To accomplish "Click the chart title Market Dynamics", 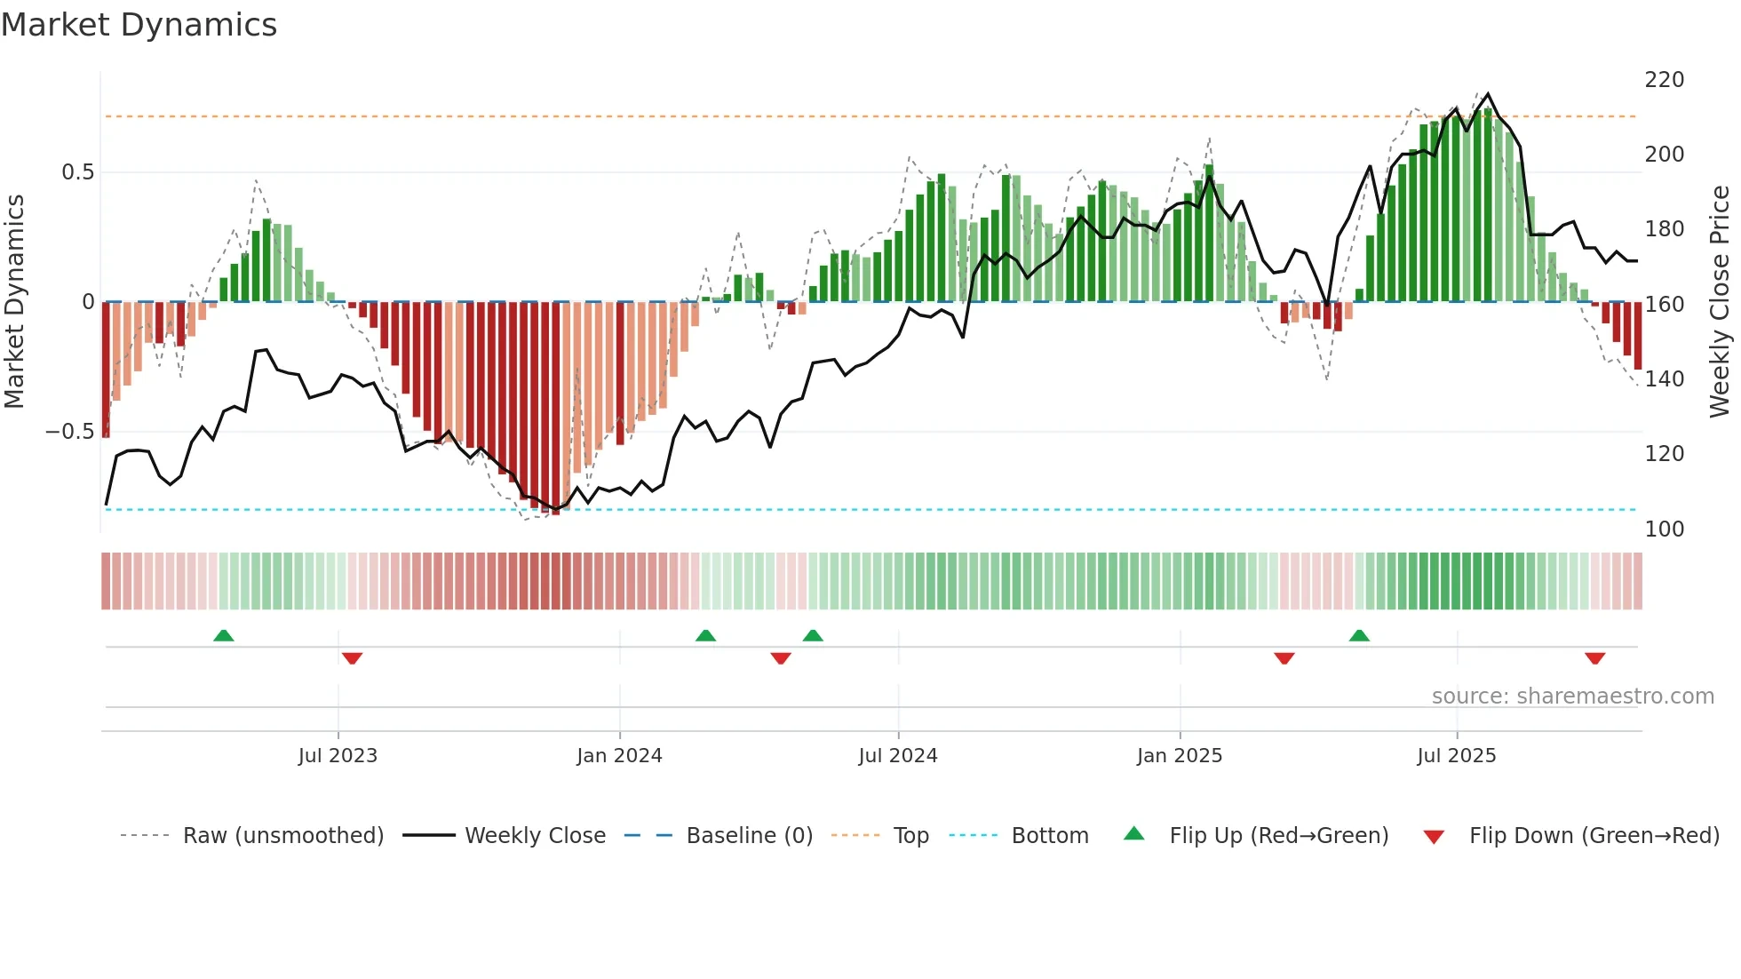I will (139, 25).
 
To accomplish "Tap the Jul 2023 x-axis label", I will (338, 756).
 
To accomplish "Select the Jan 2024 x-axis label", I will (619, 756).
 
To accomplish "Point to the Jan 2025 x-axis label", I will (1180, 756).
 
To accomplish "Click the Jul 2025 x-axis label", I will (1457, 756).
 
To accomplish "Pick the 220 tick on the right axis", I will (1664, 80).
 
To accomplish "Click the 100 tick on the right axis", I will (1664, 529).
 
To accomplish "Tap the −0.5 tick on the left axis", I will (69, 432).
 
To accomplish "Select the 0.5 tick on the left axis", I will (77, 172).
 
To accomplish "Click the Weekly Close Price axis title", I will (1720, 302).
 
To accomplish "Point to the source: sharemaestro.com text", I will (1572, 696).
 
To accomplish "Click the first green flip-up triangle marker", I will (224, 635).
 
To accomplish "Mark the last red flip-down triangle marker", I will (1594, 658).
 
